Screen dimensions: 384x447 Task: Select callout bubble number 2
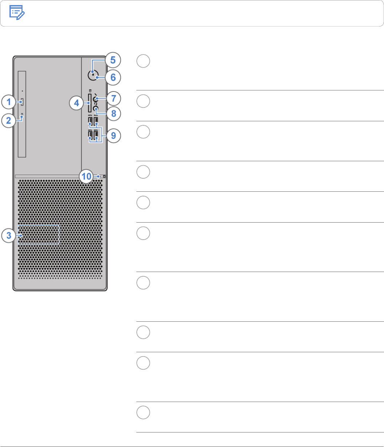click(8, 120)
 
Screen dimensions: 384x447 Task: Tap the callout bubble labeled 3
click(8, 236)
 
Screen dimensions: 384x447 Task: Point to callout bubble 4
click(76, 103)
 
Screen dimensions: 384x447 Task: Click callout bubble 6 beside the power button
click(113, 77)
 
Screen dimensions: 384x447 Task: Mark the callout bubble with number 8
click(113, 114)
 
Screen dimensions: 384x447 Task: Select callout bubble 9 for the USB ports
click(113, 136)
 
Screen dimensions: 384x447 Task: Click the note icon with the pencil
click(17, 13)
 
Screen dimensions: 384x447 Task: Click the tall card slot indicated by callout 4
click(89, 103)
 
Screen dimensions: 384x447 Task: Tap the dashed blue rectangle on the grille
click(39, 235)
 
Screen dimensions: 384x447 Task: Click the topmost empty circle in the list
click(143, 61)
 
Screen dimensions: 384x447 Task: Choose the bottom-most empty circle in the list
click(143, 413)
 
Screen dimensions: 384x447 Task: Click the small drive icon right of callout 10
click(104, 176)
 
